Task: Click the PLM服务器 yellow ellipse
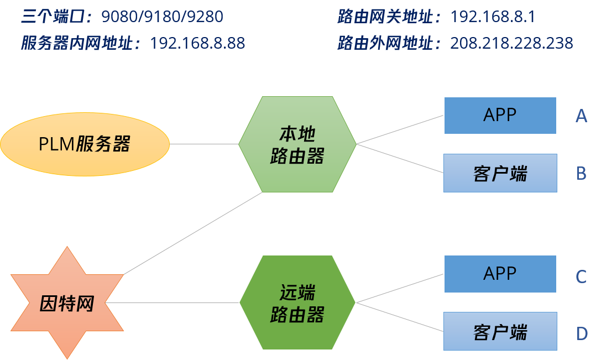[85, 144]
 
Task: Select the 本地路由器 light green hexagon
[297, 144]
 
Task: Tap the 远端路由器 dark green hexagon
[297, 302]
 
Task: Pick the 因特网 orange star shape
[67, 303]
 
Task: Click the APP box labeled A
[500, 116]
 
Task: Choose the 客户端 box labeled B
[500, 173]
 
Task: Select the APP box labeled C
[500, 274]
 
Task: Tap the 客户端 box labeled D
[500, 331]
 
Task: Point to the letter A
[581, 116]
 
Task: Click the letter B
[581, 174]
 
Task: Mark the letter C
[581, 276]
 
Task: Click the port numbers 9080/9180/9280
[162, 17]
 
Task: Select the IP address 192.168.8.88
[197, 43]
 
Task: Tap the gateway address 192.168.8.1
[493, 17]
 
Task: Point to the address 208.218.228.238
[511, 43]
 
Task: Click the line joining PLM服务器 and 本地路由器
[203, 144]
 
